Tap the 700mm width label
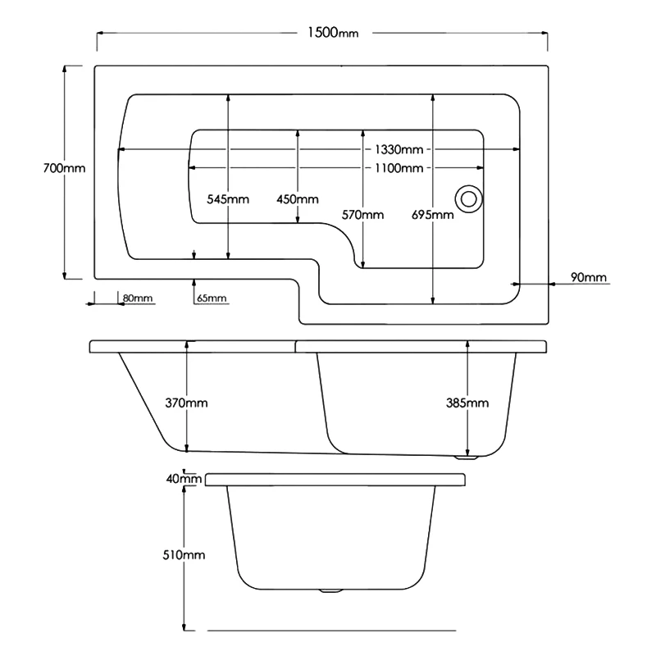point(64,167)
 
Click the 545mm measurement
point(228,199)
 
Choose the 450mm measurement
point(298,199)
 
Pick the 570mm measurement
point(363,215)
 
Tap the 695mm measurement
point(433,215)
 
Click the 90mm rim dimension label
point(590,278)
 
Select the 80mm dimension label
point(137,298)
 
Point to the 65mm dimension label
point(211,298)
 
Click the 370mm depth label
point(188,403)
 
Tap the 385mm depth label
point(467,403)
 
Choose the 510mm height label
point(185,555)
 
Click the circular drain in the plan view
point(469,198)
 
